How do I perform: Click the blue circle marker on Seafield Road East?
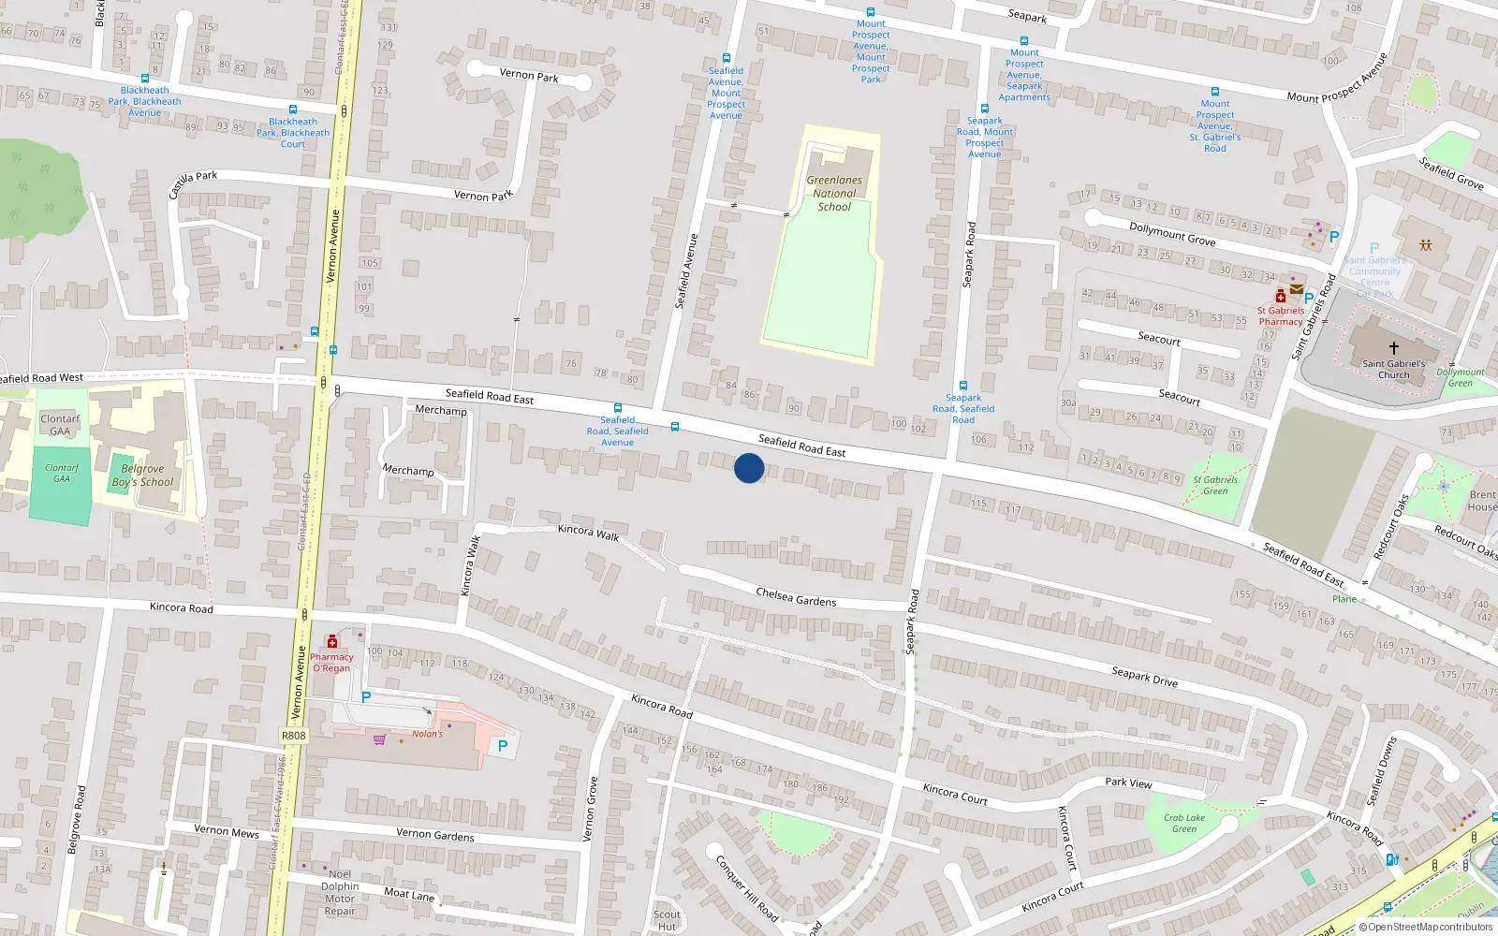click(749, 468)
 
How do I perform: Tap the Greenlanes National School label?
click(834, 194)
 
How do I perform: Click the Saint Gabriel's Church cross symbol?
click(1393, 347)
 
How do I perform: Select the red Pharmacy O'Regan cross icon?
click(331, 642)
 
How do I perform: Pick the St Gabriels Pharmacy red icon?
click(1280, 297)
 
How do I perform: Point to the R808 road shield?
click(293, 736)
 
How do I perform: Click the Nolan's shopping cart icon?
click(379, 739)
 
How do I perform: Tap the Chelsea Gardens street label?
click(796, 597)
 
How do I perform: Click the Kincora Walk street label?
click(588, 532)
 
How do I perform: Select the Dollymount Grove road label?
click(1172, 234)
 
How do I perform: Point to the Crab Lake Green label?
click(1184, 823)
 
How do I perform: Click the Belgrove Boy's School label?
click(142, 475)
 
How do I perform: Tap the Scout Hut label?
click(667, 920)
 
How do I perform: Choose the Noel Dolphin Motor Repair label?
click(339, 892)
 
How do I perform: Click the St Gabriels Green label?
click(1215, 485)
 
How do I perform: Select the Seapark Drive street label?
click(1144, 677)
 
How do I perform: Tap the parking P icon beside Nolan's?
click(503, 746)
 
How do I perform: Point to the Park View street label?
click(1128, 782)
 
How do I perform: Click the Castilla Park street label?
click(193, 183)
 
